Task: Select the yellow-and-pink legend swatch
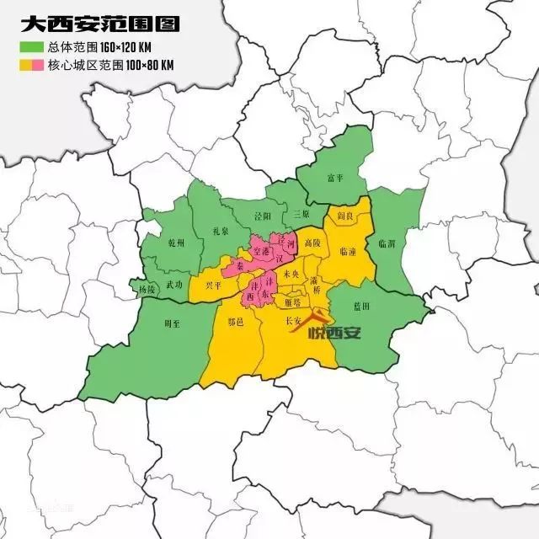[x=31, y=64]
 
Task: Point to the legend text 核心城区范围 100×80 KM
[x=118, y=64]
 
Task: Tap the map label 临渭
[x=387, y=243]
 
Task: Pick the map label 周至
[x=172, y=323]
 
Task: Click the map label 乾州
[x=176, y=243]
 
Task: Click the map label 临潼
[x=347, y=251]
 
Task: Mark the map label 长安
[x=294, y=322]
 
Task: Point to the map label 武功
[x=174, y=286]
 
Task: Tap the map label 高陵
[x=312, y=243]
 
